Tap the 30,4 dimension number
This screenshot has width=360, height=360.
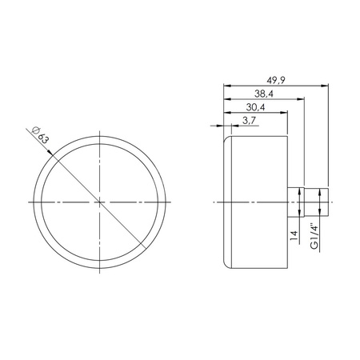[255, 108]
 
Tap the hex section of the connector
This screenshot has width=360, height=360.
[297, 202]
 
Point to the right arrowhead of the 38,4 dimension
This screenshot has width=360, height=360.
[304, 99]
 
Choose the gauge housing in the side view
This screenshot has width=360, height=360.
[256, 202]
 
